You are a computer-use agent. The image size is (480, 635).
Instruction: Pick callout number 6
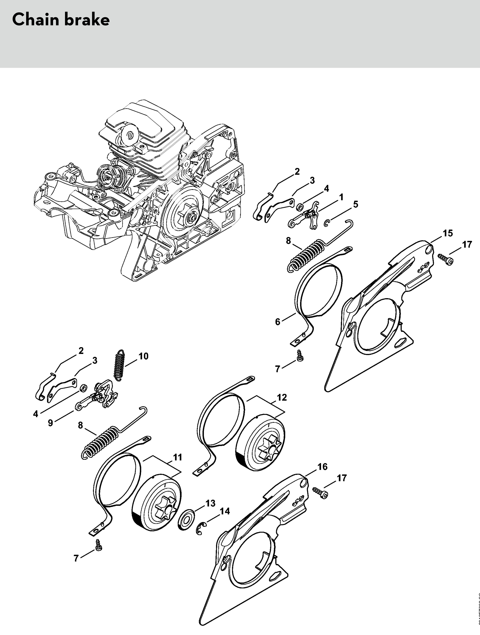pyautogui.click(x=278, y=322)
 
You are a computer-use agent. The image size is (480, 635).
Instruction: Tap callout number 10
pyautogui.click(x=143, y=356)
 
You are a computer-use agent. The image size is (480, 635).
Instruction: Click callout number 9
pyautogui.click(x=51, y=423)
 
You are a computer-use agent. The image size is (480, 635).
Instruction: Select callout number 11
pyautogui.click(x=178, y=457)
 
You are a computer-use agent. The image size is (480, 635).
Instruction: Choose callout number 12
pyautogui.click(x=282, y=397)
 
